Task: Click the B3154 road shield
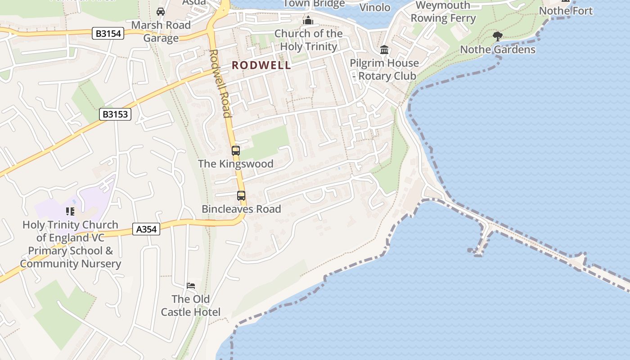click(108, 33)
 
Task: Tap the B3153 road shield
click(115, 114)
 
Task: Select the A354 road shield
click(146, 229)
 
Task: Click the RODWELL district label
click(261, 65)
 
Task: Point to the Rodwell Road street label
click(220, 83)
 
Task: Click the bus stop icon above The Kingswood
click(236, 151)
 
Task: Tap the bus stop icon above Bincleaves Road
click(241, 196)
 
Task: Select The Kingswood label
click(236, 164)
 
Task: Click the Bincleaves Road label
click(241, 209)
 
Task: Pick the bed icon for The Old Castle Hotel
click(191, 286)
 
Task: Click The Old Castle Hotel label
click(191, 306)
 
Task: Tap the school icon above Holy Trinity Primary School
click(70, 211)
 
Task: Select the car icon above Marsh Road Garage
click(161, 12)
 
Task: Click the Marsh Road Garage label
click(161, 31)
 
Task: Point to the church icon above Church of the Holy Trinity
click(308, 20)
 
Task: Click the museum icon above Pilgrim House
click(384, 49)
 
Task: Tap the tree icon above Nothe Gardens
click(498, 36)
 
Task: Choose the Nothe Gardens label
click(498, 49)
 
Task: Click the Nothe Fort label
click(566, 10)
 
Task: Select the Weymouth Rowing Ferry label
click(443, 12)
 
